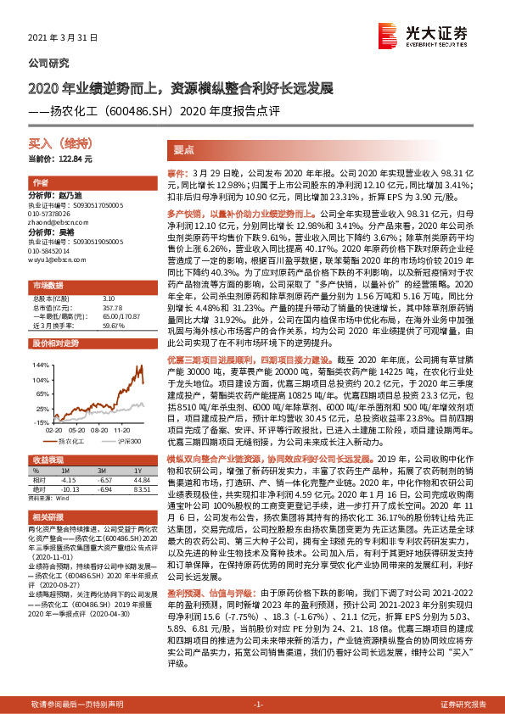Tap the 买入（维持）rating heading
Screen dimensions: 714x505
(53, 145)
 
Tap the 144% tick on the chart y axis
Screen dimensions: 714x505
(39, 365)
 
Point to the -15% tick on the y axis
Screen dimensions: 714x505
(39, 421)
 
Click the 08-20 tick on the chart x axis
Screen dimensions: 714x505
(97, 429)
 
